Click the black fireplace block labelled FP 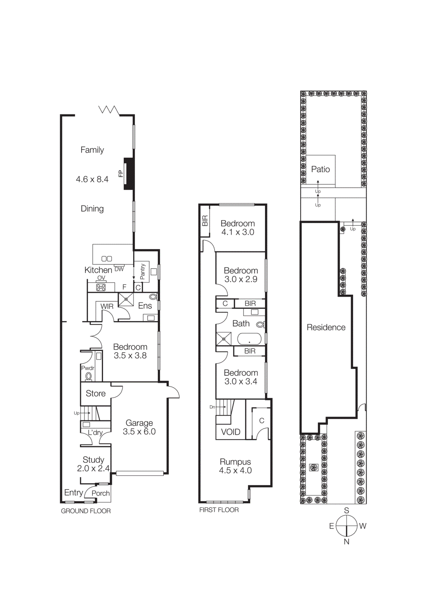(129, 173)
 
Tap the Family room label (92, 150)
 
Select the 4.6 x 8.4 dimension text (92, 179)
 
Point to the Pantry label (142, 271)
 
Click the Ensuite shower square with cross (126, 299)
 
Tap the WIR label (107, 307)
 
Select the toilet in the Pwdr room (88, 376)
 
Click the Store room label (95, 394)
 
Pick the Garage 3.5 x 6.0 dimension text (139, 432)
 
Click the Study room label (93, 460)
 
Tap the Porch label (101, 493)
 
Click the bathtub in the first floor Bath (249, 339)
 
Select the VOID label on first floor (230, 432)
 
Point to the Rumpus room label (235, 462)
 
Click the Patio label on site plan (321, 169)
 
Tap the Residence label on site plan (326, 327)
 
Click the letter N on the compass (346, 542)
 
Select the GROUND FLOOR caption (86, 511)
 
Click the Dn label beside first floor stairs (212, 407)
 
